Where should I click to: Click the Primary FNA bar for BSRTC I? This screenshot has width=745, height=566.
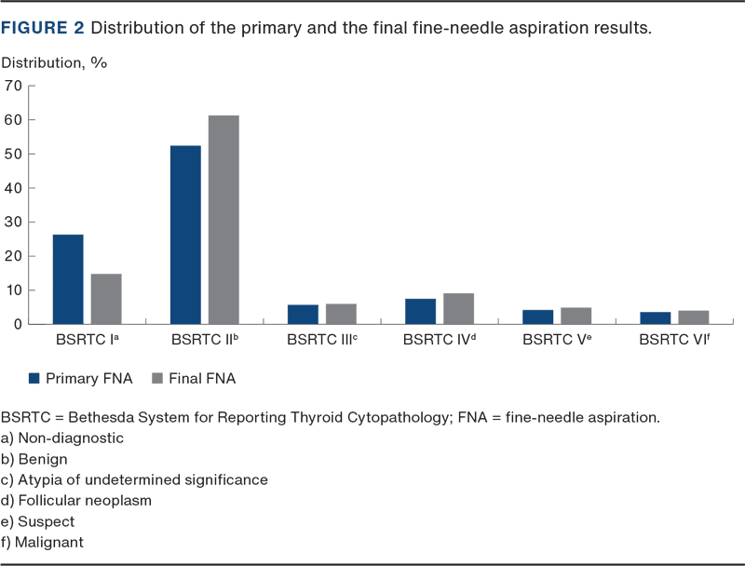tap(68, 278)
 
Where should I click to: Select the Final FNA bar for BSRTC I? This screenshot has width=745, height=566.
tap(106, 298)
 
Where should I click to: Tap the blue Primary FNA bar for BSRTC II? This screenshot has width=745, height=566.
tap(185, 235)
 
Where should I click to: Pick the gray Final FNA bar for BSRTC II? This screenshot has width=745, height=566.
tap(223, 220)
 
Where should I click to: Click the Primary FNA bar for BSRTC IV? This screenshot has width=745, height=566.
tap(420, 311)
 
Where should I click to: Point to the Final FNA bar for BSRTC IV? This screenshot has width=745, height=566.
tap(458, 308)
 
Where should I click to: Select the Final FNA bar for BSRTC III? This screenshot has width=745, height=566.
tap(341, 314)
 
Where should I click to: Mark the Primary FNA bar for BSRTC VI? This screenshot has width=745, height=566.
tap(655, 317)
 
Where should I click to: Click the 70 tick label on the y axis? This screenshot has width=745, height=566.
tap(13, 86)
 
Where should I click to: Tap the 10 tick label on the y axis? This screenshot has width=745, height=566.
tap(13, 290)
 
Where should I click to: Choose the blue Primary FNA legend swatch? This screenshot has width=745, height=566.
tap(34, 378)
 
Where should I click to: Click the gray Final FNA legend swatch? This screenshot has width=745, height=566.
tap(156, 378)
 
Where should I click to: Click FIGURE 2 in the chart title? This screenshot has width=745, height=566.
tap(43, 28)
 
